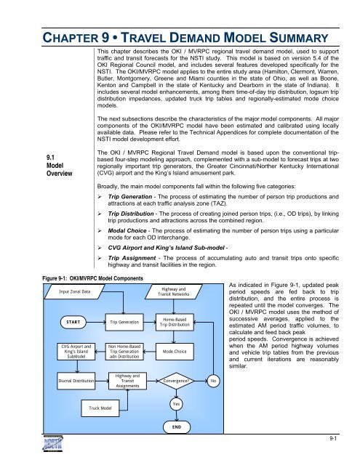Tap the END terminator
pos(175,428)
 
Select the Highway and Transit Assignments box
pos(127,379)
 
